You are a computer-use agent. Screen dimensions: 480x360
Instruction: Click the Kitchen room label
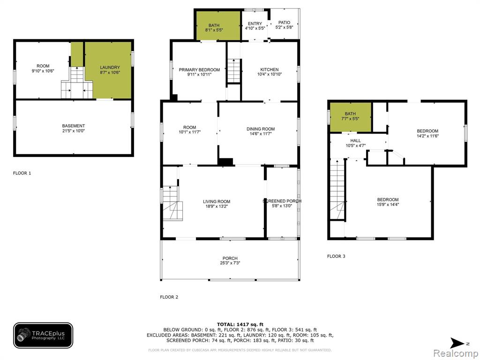[270, 69]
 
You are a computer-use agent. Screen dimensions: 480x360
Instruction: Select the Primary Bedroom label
[199, 70]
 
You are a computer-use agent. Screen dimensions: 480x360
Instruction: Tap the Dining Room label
[261, 129]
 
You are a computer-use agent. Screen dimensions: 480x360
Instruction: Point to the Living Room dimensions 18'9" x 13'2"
[217, 206]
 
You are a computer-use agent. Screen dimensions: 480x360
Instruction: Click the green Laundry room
[108, 70]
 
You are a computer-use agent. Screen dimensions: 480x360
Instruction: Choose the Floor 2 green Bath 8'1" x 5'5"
[217, 26]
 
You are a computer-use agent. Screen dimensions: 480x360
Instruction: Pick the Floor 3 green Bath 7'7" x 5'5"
[350, 117]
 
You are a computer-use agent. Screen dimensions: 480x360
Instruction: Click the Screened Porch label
[282, 201]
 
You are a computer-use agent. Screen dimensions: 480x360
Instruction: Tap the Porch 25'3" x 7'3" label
[230, 261]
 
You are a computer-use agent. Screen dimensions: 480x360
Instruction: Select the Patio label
[284, 22]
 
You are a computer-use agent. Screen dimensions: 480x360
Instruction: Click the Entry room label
[255, 23]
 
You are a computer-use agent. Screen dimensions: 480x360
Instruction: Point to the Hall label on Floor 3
[355, 141]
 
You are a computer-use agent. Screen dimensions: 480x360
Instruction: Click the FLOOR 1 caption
[22, 173]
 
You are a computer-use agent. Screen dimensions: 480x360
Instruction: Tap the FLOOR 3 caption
[336, 256]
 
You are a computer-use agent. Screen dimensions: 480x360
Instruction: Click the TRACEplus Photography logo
[43, 336]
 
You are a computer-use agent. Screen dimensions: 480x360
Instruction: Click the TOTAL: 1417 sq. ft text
[240, 324]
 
